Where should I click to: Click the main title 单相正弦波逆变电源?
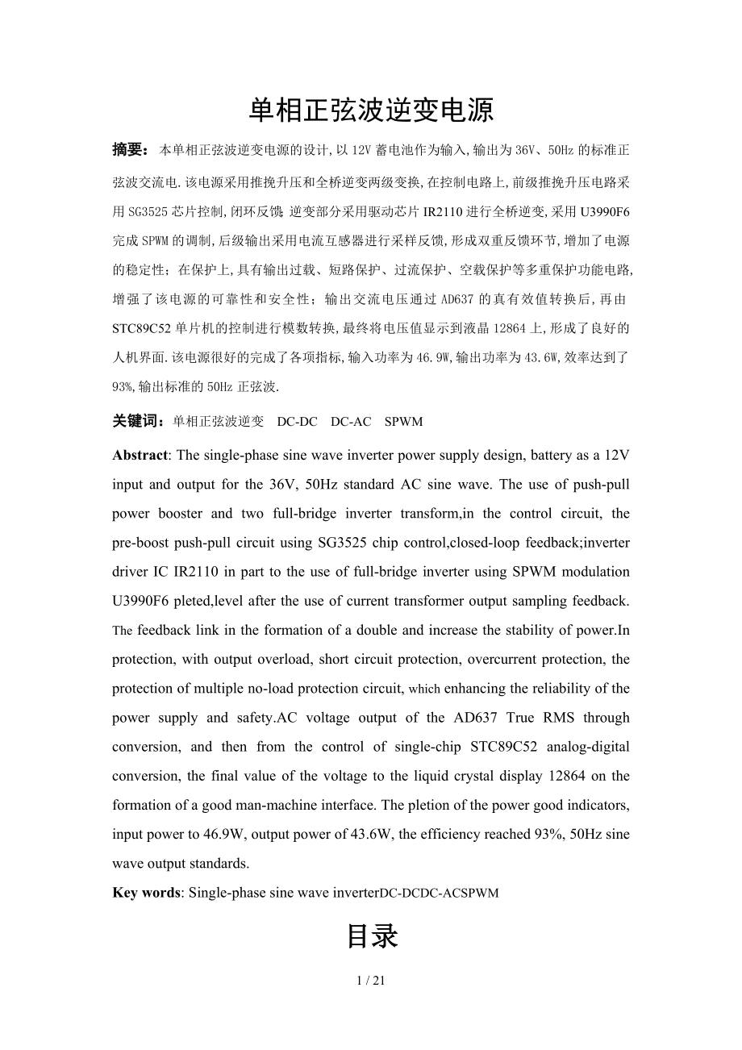[x=371, y=110]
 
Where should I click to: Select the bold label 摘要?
[x=129, y=149]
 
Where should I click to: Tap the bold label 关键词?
[x=137, y=421]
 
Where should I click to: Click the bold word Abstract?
[x=140, y=455]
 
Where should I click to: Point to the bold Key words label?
[x=147, y=893]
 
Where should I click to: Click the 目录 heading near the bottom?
[x=371, y=937]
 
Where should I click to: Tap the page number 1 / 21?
[x=371, y=981]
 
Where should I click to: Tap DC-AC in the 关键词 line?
[x=351, y=422]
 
